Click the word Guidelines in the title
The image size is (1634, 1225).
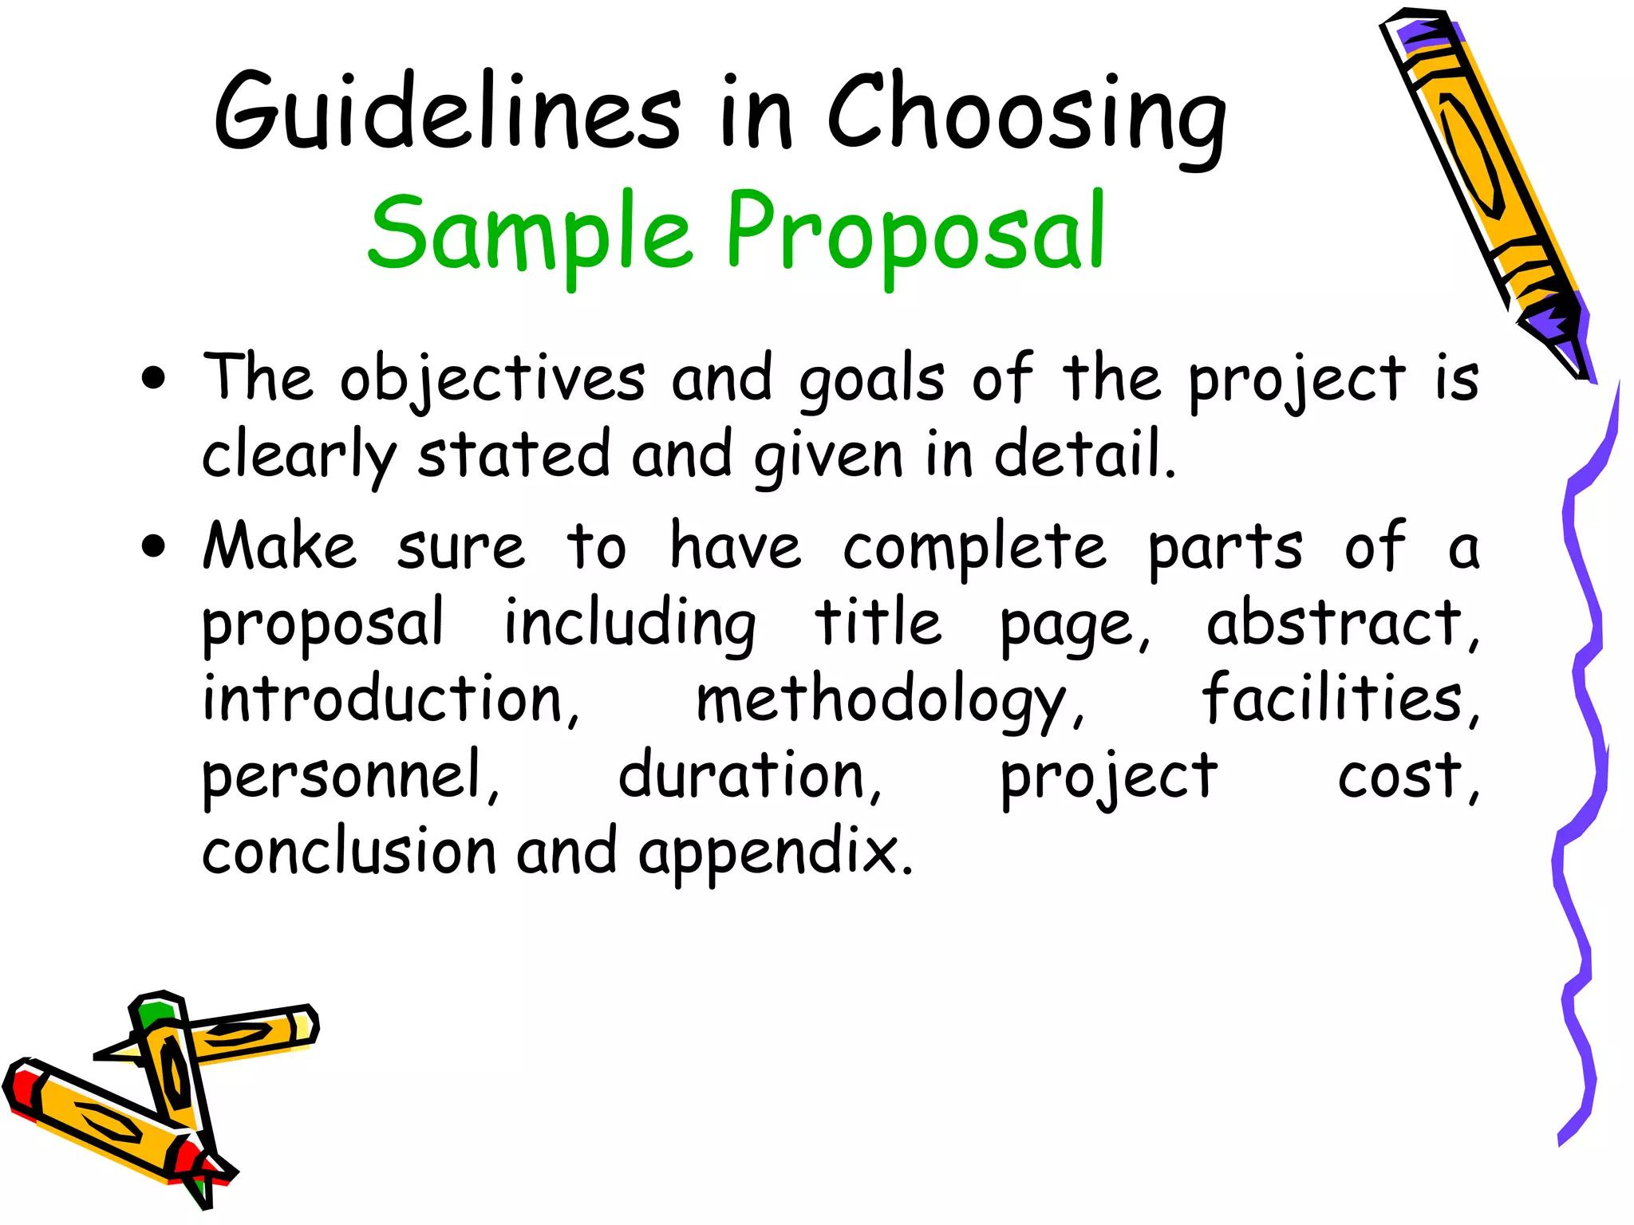pos(447,112)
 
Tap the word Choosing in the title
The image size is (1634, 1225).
pos(1026,116)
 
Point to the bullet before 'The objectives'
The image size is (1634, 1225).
pos(153,378)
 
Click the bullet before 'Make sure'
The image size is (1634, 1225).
pos(153,546)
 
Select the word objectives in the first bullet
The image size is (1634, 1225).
pos(492,380)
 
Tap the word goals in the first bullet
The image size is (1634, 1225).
pos(871,381)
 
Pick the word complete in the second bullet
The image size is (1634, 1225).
pos(975,549)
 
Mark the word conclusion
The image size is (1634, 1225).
pos(349,851)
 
